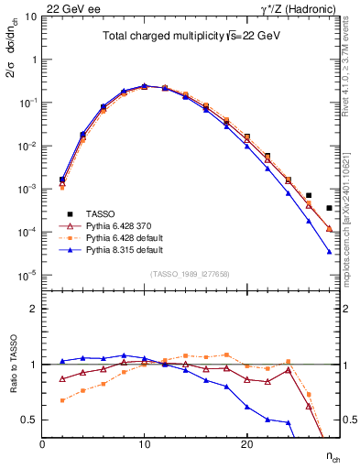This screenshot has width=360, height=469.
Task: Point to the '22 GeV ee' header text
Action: coord(68,7)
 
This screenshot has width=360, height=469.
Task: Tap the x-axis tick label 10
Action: coord(144,444)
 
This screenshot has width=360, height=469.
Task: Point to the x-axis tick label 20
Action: coord(245,444)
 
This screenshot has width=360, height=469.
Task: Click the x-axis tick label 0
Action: coord(42,444)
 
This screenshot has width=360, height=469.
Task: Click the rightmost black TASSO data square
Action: coord(329,208)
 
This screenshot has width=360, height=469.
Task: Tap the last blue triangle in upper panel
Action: coord(329,251)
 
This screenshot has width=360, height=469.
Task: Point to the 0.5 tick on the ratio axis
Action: coord(30,420)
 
